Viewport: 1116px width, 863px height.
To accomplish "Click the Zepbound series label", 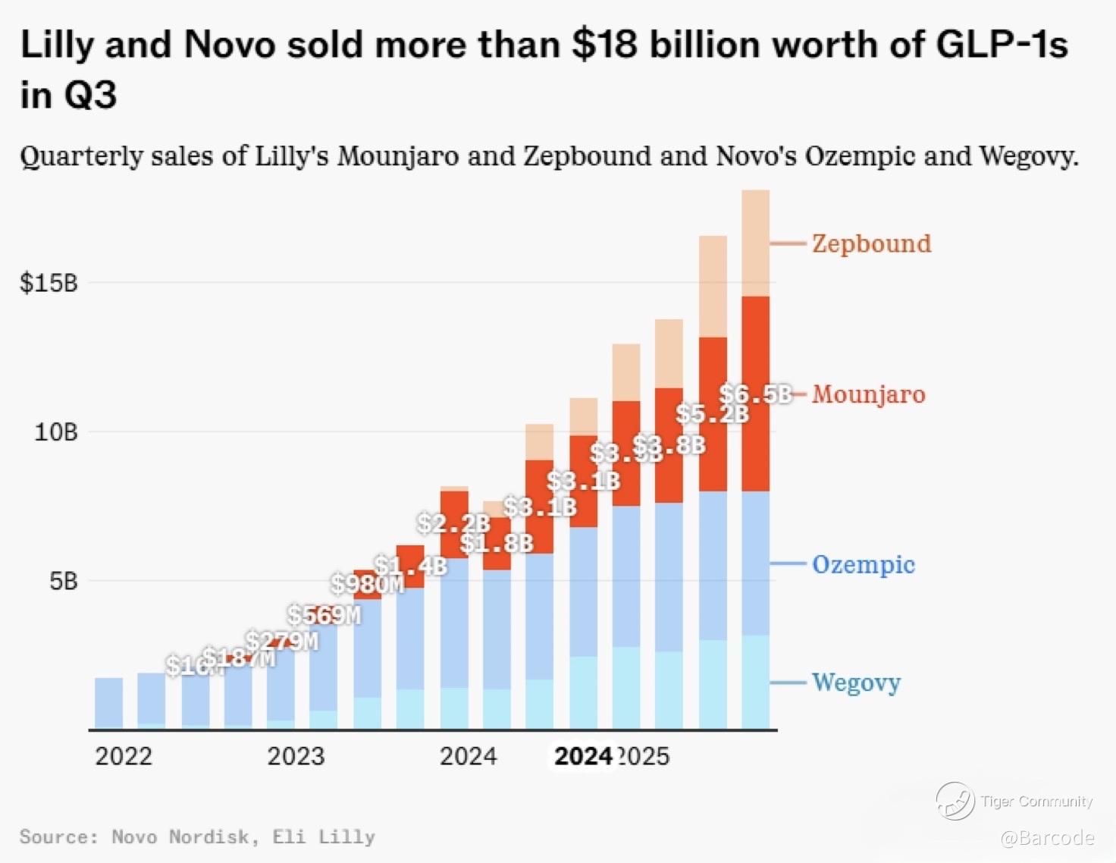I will tap(871, 243).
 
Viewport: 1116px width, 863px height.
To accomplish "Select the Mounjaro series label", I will tap(868, 394).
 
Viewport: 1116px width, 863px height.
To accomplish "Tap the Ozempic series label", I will tap(863, 564).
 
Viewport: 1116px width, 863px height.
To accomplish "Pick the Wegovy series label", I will tap(856, 683).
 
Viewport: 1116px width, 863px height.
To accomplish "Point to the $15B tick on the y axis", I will tap(49, 283).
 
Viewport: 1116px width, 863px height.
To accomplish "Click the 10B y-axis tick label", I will tap(55, 432).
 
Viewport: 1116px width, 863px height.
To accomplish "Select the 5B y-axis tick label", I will tap(63, 582).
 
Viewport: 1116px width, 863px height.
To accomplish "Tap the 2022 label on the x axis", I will tap(124, 756).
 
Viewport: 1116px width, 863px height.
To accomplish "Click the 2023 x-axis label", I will tap(296, 756).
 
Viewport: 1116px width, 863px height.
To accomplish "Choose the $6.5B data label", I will tap(755, 394).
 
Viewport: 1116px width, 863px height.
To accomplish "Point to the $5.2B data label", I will tap(712, 414).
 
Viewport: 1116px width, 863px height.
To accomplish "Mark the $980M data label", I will tap(367, 584).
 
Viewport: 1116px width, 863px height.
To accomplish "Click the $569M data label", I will tap(324, 614).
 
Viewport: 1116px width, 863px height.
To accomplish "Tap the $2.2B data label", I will tap(453, 523).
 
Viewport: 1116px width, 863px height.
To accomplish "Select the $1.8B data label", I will tap(497, 543).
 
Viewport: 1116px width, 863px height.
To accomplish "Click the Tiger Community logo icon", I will tap(955, 801).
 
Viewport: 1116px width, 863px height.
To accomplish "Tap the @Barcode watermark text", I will tap(1047, 838).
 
